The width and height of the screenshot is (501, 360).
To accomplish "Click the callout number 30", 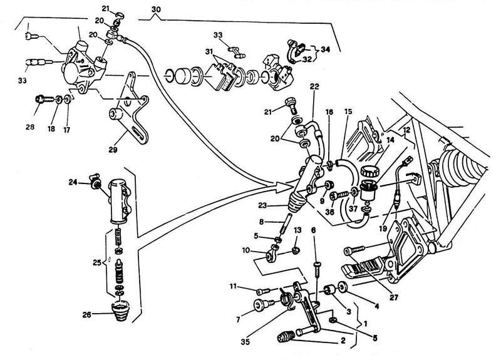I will pyautogui.click(x=155, y=9).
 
